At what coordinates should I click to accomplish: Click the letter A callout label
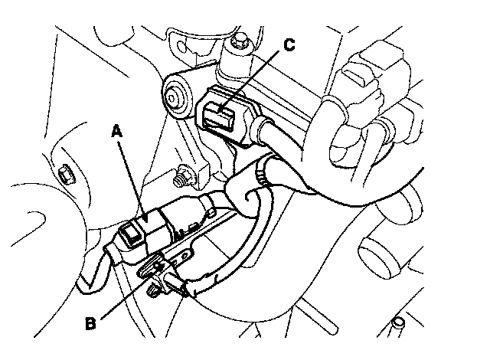coord(116,132)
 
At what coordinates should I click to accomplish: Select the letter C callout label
coord(289,44)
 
